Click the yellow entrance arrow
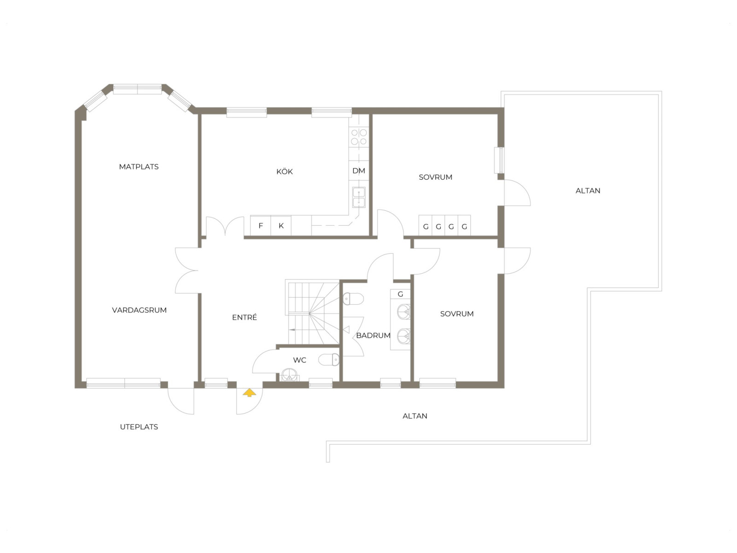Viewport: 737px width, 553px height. tap(249, 393)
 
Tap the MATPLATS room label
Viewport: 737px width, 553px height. tap(139, 166)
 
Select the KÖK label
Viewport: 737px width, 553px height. tap(284, 171)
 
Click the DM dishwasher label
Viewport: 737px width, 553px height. tap(358, 171)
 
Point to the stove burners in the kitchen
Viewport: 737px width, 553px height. tap(358, 137)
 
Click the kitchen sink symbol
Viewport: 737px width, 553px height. tap(358, 197)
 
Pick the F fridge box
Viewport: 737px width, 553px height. tap(261, 226)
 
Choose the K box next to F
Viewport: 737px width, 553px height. tap(281, 226)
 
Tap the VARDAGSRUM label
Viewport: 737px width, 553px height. tap(140, 310)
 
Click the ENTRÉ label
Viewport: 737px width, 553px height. tap(245, 317)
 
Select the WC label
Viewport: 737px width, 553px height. tap(299, 360)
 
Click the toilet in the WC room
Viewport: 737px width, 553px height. tap(329, 359)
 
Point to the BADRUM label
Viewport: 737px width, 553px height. tap(373, 335)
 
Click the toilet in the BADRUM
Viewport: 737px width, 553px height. tap(353, 299)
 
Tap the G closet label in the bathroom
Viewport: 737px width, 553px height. tap(400, 294)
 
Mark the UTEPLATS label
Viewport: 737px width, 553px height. tap(139, 427)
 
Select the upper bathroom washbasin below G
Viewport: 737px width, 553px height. tap(404, 311)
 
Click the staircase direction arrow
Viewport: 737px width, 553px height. tap(292, 329)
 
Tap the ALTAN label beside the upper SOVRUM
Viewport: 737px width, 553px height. tap(588, 190)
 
